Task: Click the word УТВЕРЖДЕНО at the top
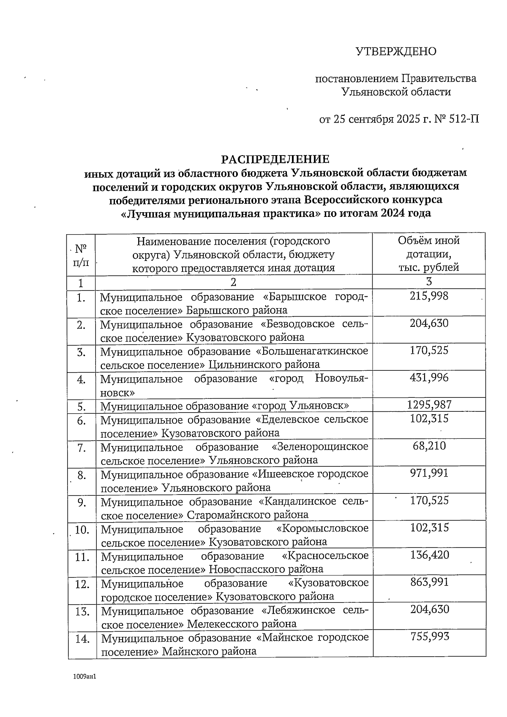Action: click(396, 52)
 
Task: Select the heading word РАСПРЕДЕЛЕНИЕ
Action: click(275, 159)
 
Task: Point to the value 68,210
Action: click(429, 446)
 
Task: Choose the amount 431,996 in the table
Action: click(429, 378)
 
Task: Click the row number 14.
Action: click(82, 639)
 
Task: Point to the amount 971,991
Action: click(429, 473)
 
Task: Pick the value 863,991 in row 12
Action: click(429, 582)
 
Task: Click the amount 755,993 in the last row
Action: click(429, 637)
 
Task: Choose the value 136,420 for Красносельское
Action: click(429, 555)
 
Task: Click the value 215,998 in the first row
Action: click(429, 296)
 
